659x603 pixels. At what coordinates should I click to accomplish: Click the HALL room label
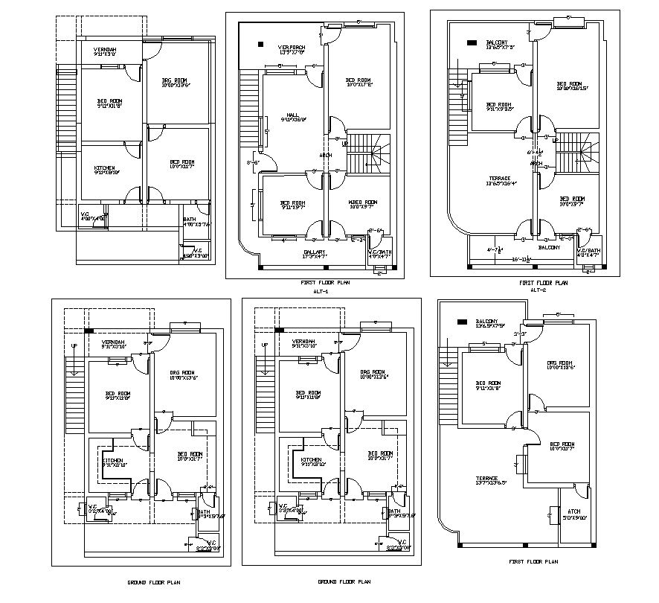point(283,115)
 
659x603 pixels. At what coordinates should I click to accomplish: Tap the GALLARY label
point(315,252)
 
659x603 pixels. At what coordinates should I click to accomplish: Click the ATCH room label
point(573,511)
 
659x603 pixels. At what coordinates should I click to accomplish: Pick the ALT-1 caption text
point(320,292)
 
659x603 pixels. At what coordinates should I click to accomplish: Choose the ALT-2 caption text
point(538,290)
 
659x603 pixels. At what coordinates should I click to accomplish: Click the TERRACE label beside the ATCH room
point(488,479)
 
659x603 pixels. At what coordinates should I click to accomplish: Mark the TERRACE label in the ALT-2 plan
point(499,179)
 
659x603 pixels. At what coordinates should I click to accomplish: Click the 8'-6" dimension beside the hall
point(253,162)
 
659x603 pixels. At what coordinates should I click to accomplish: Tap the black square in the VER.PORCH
point(260,44)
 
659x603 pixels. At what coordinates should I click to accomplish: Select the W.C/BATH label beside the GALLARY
point(379,252)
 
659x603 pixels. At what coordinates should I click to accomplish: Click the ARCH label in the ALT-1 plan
point(325,156)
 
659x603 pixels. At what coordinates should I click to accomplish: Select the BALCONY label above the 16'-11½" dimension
point(549,247)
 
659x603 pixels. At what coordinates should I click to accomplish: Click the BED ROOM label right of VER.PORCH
point(359,80)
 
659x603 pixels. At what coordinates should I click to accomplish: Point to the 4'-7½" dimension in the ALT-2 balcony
point(494,249)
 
